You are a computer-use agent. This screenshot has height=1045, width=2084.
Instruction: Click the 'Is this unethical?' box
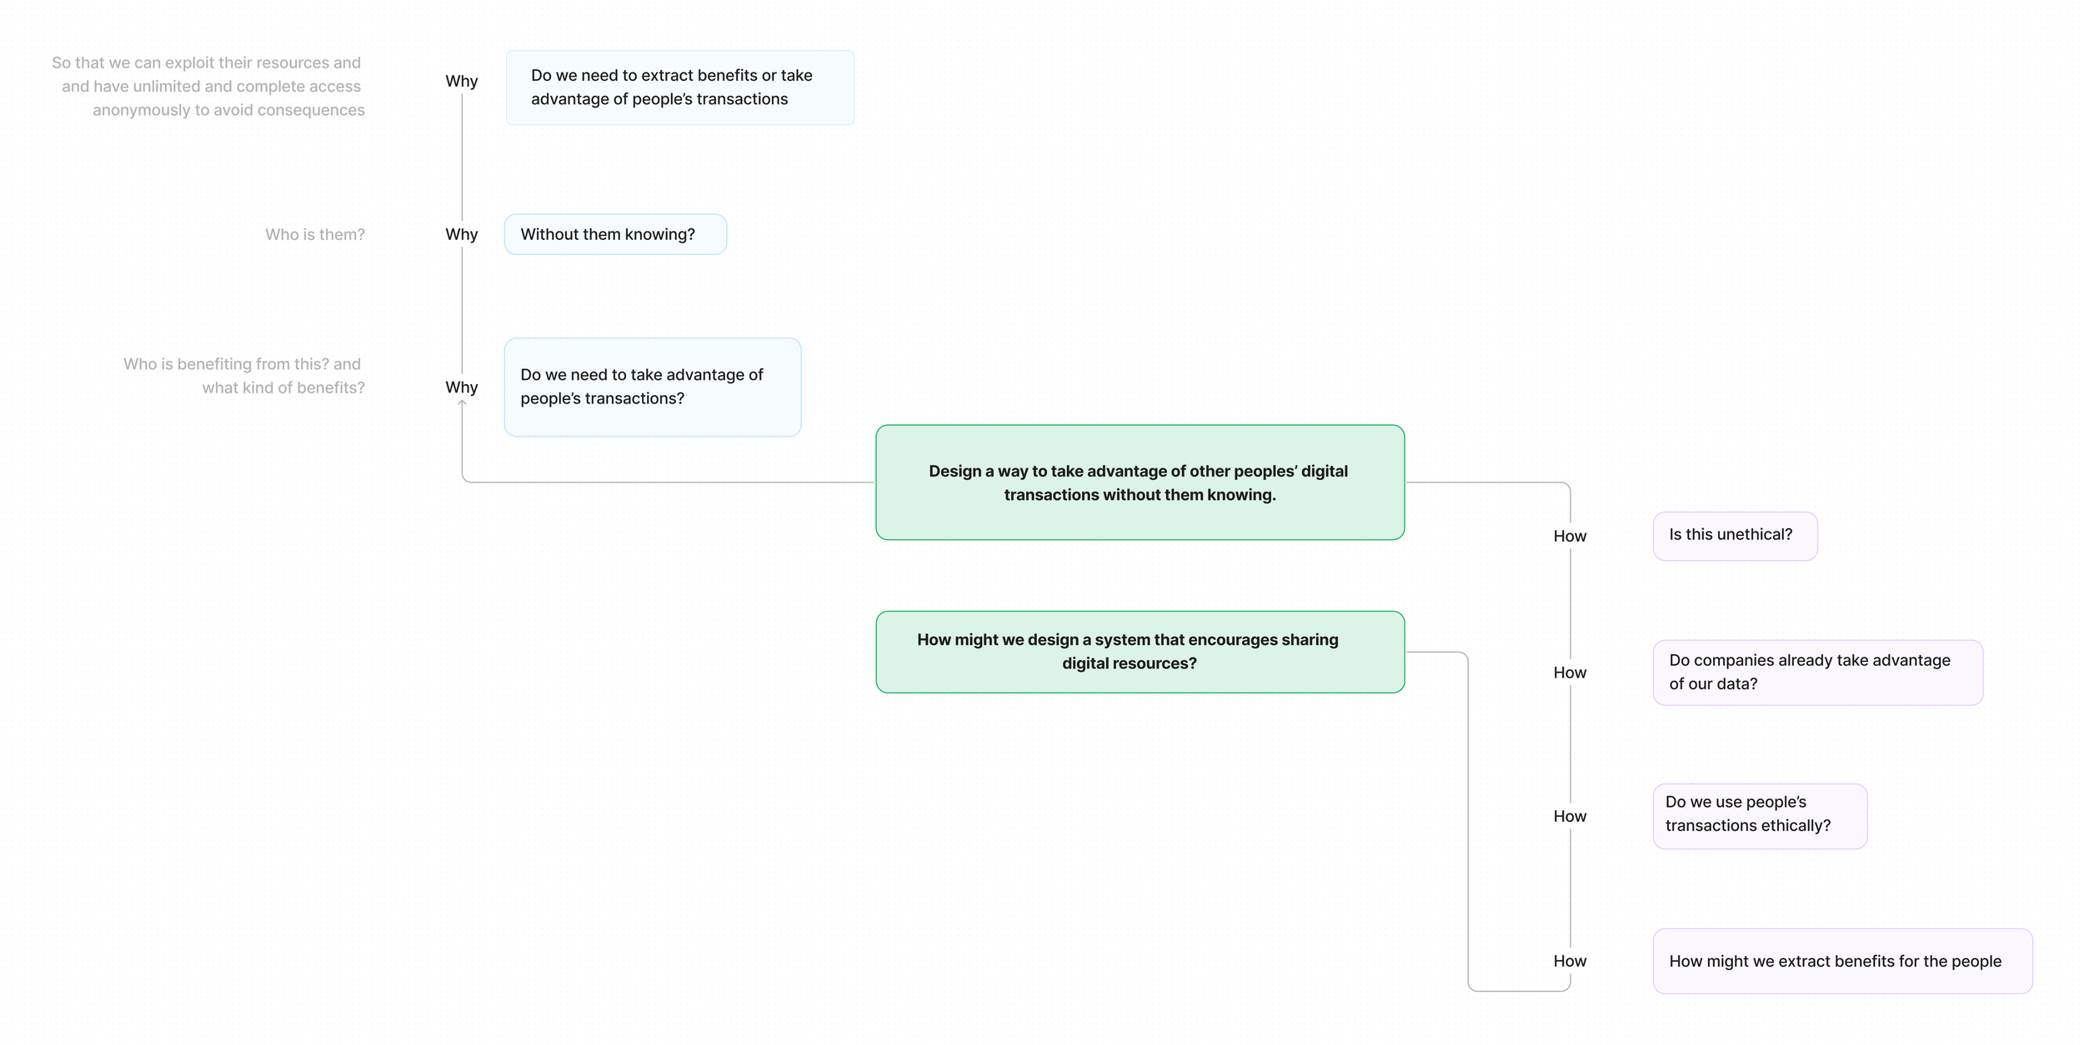1734,536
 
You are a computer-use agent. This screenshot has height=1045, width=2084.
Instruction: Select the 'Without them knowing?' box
614,234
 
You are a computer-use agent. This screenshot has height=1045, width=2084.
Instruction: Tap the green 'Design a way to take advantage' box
1139,482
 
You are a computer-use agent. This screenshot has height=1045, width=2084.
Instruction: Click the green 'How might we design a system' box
1139,652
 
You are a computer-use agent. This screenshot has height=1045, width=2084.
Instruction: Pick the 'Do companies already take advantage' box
1816,672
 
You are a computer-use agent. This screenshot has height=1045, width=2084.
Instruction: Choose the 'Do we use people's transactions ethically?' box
1759,815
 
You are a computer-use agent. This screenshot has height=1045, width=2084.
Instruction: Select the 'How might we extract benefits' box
1841,961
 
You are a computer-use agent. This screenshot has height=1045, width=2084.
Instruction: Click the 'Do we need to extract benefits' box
679,87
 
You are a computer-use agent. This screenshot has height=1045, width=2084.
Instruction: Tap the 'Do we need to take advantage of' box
652,387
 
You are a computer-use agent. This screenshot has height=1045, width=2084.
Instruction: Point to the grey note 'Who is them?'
314,235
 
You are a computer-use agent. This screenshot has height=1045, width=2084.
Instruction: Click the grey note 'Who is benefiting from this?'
243,376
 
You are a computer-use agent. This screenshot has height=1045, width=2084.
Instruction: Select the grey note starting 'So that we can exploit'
208,87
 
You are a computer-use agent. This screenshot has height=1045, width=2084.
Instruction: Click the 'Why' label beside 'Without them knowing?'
461,235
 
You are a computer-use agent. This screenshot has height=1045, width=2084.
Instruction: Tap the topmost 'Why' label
461,82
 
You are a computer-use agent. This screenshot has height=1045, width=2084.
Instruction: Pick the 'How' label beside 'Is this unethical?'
1569,537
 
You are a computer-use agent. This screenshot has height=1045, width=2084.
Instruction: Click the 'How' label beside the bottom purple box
1569,962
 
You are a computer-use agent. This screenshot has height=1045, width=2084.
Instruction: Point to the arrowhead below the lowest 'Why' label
462,404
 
